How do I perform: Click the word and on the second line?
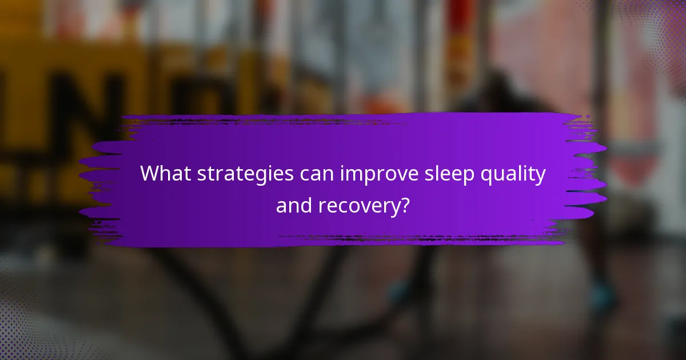pyautogui.click(x=293, y=205)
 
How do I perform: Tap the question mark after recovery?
pyautogui.click(x=405, y=205)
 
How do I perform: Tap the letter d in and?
pyautogui.click(x=305, y=204)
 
